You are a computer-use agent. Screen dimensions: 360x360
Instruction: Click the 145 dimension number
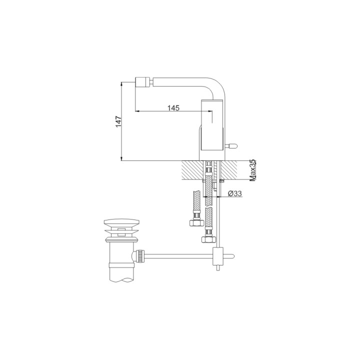click(173, 107)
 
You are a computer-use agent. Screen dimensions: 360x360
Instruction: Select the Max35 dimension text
click(253, 170)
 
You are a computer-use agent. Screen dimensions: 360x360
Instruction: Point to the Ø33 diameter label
click(234, 193)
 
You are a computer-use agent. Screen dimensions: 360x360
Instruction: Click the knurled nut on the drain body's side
click(141, 257)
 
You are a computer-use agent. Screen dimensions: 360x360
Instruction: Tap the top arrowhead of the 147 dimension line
click(122, 82)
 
